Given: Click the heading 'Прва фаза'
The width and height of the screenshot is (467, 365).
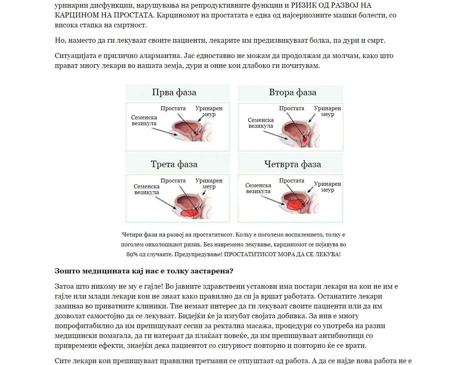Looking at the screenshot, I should pos(174,92).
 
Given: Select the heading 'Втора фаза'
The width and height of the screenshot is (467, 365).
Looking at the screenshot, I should pos(293,92).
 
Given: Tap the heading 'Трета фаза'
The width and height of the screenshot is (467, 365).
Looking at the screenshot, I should pos(174,164).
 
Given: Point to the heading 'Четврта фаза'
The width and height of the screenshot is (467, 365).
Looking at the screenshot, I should pos(293,164).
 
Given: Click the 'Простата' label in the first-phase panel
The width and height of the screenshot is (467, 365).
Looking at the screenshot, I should pos(173,108).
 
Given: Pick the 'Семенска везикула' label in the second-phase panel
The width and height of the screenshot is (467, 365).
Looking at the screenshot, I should pos(260,123).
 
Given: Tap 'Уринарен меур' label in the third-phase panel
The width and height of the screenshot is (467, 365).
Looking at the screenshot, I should pos(209,184).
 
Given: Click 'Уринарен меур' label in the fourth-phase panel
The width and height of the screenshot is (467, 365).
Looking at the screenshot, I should pos(327,187).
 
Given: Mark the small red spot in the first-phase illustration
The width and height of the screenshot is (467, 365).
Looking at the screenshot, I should pos(196,134).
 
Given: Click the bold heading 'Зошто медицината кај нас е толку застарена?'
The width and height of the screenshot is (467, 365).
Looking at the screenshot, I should pos(144,271).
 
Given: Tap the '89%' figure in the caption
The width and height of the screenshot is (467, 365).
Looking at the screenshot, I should pos(132,254).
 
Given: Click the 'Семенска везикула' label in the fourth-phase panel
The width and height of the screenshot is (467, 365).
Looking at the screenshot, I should pos(258,188).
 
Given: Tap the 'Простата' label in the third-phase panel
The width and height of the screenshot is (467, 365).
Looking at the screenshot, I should pos(173,181).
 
